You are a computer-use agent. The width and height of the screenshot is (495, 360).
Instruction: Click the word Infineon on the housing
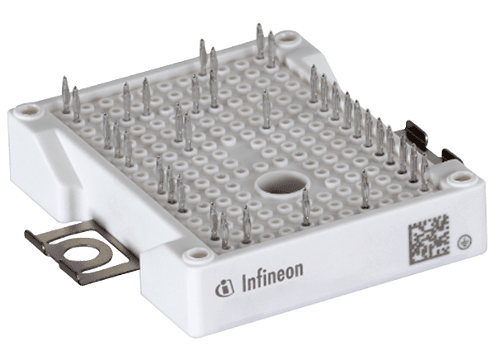[x=272, y=279]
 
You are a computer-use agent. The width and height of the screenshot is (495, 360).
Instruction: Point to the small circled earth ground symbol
[x=462, y=242]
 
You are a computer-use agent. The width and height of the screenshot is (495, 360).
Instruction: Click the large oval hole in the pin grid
[x=283, y=185]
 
